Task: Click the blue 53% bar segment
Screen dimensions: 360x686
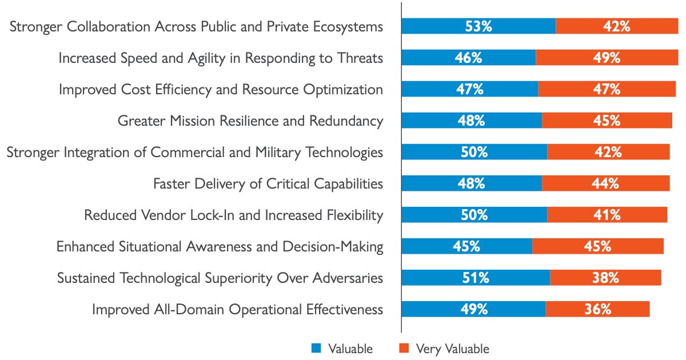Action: point(478,26)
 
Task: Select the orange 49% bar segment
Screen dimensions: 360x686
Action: point(607,58)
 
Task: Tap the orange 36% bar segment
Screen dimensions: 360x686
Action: point(597,309)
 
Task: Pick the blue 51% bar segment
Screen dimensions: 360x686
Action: point(476,278)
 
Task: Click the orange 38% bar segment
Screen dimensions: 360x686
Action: point(605,278)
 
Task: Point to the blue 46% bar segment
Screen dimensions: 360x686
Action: point(469,58)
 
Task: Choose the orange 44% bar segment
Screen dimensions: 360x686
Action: point(605,183)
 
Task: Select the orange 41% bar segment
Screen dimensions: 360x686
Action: point(607,215)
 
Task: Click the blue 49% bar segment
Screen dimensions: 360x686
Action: point(473,309)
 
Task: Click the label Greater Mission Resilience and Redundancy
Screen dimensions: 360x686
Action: point(250,121)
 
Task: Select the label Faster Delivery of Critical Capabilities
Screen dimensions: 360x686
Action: point(268,183)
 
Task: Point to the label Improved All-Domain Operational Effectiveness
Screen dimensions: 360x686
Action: point(237,309)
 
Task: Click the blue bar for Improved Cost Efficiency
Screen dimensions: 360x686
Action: point(469,89)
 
